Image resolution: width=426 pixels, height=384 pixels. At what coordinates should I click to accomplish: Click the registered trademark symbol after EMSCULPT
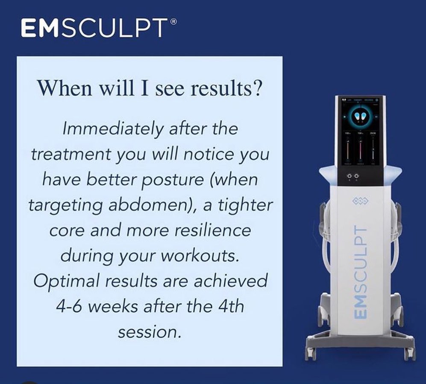pos(174,21)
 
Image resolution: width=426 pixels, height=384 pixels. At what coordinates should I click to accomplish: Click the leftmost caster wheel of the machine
pos(310,354)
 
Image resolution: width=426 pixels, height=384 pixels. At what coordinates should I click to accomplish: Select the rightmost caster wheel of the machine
pos(410,354)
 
